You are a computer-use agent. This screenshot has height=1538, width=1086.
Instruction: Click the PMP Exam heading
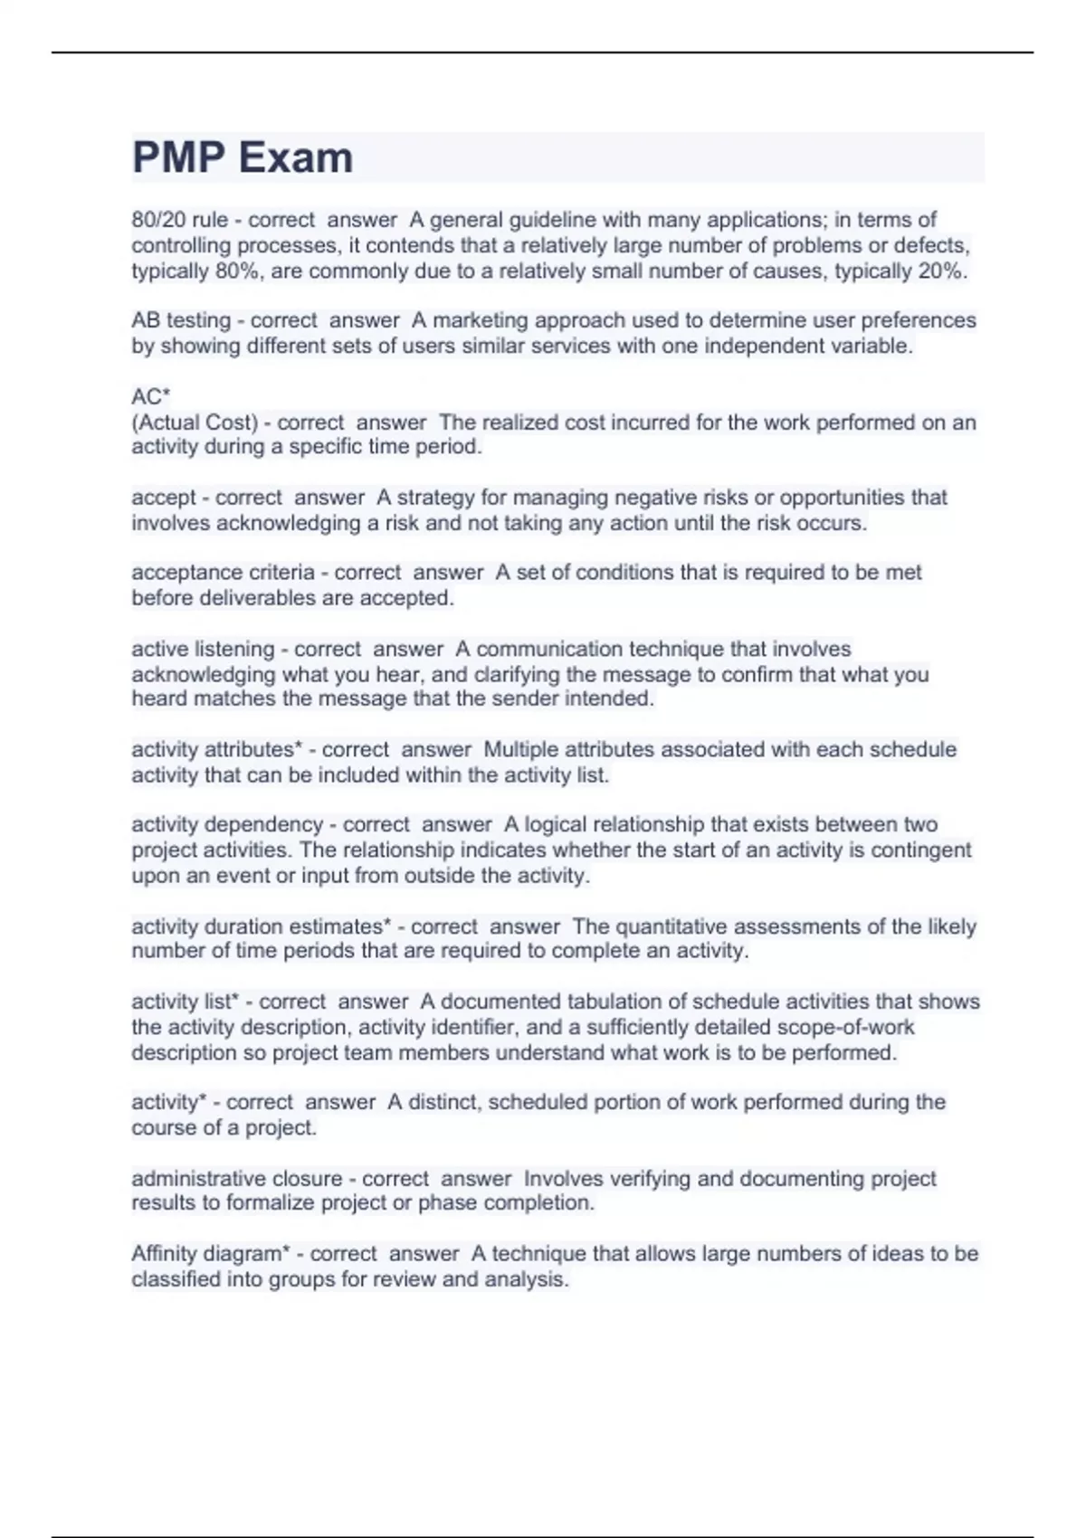click(x=243, y=157)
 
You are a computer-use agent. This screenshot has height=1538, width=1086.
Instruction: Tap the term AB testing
click(x=181, y=320)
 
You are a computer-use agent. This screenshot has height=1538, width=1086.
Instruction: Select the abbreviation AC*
click(x=151, y=397)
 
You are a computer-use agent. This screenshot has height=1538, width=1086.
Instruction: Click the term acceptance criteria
click(x=223, y=573)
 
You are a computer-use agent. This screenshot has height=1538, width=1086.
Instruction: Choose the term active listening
click(x=203, y=650)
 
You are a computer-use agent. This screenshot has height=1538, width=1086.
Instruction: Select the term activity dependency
click(x=227, y=825)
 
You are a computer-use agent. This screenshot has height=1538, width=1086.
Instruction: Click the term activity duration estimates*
click(x=262, y=927)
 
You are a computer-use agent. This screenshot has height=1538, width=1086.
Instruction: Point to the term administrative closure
click(x=237, y=1180)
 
